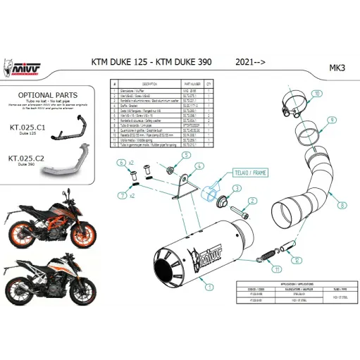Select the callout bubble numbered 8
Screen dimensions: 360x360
click(x=342, y=205)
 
